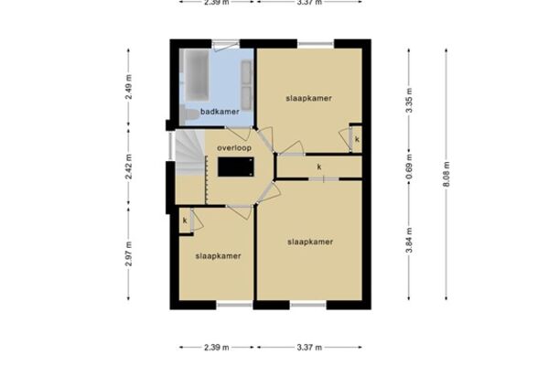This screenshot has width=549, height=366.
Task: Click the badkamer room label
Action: [x=220, y=112]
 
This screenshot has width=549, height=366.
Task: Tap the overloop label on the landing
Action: [x=234, y=148]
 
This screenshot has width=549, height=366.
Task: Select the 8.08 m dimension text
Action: [x=447, y=174]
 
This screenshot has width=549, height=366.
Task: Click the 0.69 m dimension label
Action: [x=409, y=167]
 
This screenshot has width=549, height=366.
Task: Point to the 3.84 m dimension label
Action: [x=409, y=240]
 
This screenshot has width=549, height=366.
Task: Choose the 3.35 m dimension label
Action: [x=409, y=101]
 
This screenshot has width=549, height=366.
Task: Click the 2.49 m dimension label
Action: [x=128, y=87]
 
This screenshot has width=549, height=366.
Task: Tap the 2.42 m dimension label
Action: [x=128, y=167]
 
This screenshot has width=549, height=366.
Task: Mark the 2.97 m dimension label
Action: [x=128, y=254]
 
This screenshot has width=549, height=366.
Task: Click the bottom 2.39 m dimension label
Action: [x=216, y=348]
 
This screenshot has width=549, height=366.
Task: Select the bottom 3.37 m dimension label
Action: [x=309, y=348]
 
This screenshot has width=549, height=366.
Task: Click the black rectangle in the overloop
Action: [x=236, y=167]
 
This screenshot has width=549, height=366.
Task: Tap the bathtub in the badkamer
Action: [x=197, y=75]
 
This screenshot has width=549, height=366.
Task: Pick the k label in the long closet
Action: [x=319, y=167]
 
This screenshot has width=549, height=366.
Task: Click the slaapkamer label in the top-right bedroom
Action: [x=309, y=99]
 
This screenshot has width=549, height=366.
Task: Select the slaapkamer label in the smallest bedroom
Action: [x=218, y=256]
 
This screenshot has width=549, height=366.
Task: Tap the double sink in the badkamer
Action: [x=246, y=85]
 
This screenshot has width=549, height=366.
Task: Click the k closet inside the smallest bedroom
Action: [x=185, y=221]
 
